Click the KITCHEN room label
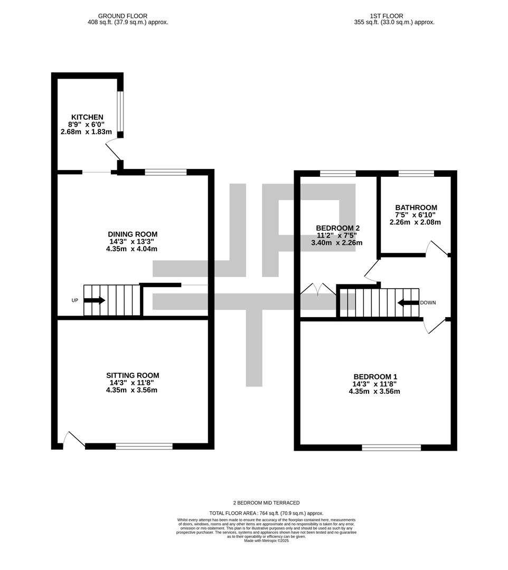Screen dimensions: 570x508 click(x=87, y=117)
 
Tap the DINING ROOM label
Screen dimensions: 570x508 click(x=133, y=234)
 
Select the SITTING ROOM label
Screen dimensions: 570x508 click(x=133, y=376)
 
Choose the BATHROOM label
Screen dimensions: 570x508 click(x=416, y=208)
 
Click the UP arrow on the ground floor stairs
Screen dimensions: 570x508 click(x=95, y=300)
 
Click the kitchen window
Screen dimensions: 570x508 click(x=120, y=112)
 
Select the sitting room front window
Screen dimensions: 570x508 click(x=144, y=446)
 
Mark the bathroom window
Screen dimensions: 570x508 click(x=416, y=173)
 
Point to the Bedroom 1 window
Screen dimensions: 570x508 click(x=391, y=448)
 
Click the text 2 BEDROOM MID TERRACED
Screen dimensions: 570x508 click(x=266, y=503)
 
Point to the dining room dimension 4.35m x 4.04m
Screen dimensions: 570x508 click(x=133, y=249)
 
